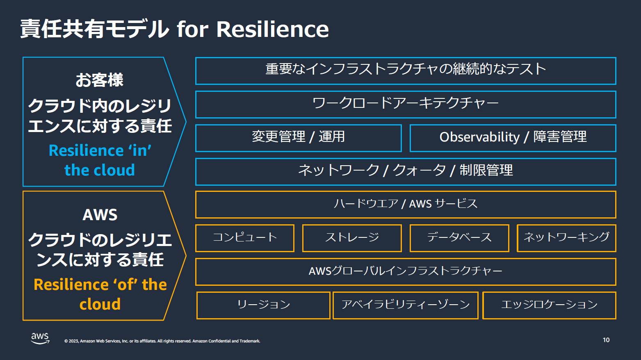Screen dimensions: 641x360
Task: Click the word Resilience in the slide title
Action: (272, 30)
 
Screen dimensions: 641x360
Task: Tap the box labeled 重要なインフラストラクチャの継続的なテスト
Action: (406, 71)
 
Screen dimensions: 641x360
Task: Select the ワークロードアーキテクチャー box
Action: (406, 105)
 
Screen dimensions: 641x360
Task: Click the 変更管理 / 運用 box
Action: (298, 138)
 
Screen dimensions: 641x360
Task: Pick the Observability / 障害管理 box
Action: (513, 138)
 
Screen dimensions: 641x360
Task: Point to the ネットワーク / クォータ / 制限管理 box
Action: (406, 172)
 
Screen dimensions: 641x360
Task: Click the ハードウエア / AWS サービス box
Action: (406, 205)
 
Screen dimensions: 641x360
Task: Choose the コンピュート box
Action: (245, 238)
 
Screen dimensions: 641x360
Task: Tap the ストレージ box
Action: (352, 238)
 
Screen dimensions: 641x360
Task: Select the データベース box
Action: (459, 238)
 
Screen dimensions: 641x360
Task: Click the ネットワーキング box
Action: (566, 238)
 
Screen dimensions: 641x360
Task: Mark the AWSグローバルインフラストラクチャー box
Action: (406, 272)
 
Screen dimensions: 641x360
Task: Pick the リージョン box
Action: (263, 305)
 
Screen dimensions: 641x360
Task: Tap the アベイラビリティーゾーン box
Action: (406, 305)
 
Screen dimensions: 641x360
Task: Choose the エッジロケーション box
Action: (549, 305)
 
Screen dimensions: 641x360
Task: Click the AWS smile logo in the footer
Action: (40, 338)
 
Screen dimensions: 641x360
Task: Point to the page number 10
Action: (606, 340)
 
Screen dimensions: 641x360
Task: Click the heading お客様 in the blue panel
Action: (99, 80)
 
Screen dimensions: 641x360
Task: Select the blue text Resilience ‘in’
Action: (100, 151)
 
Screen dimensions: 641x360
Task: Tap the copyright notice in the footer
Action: (162, 341)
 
